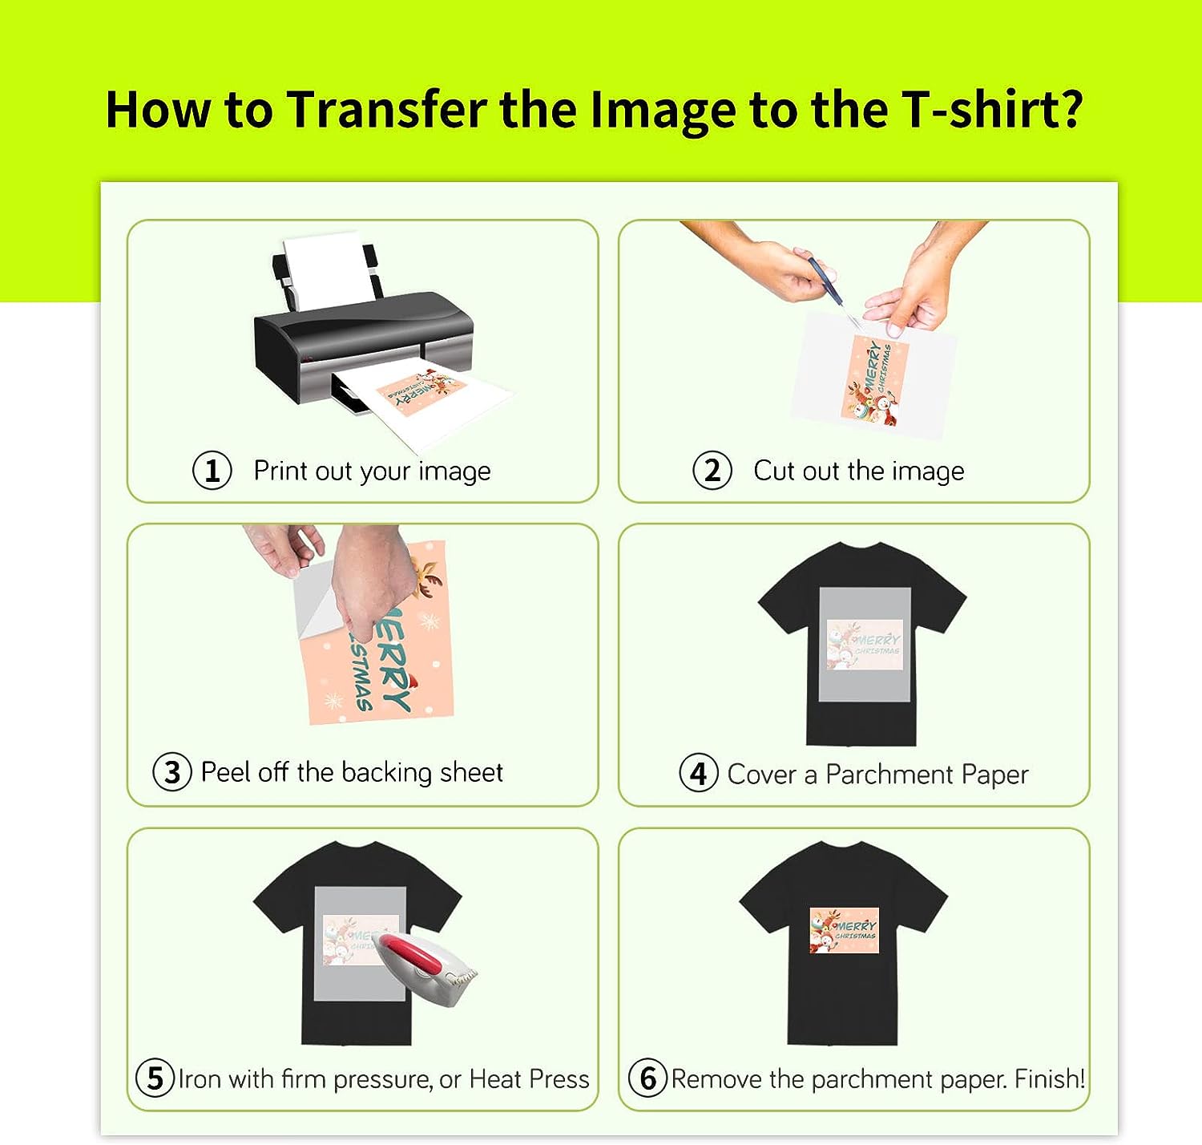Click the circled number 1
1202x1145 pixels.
212,471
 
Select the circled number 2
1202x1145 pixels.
712,471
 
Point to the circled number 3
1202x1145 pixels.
172,772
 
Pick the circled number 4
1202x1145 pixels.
698,773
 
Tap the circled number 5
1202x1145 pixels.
155,1078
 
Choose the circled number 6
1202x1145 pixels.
647,1078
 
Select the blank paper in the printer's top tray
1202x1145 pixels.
329,269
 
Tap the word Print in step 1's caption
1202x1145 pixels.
280,471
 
